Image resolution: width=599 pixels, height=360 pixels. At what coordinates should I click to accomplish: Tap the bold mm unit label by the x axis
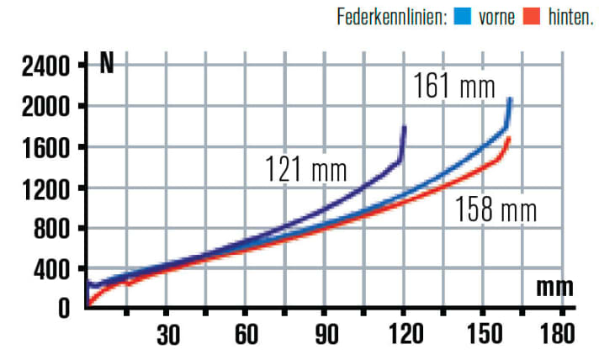554,288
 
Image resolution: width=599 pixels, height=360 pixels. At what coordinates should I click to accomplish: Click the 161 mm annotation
453,86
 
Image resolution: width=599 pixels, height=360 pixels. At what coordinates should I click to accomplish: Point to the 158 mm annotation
496,209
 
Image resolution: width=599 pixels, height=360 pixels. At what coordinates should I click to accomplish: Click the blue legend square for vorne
462,16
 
